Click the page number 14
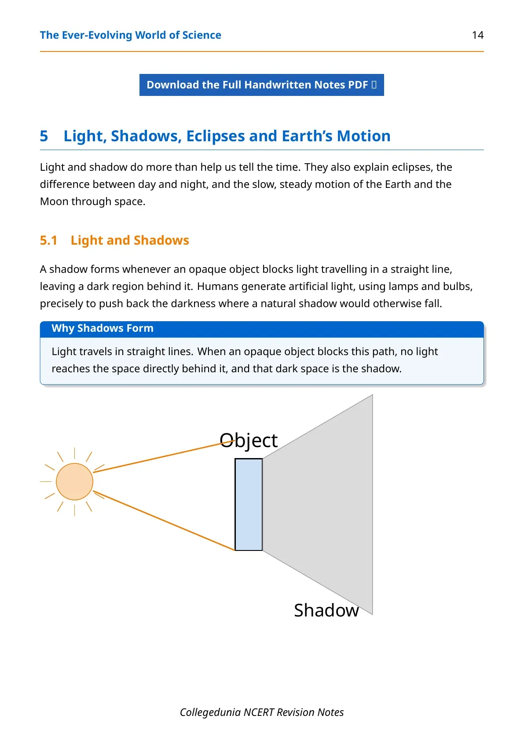(478, 35)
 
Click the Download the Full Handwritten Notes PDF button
(262, 85)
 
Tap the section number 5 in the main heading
(44, 136)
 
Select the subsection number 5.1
(49, 240)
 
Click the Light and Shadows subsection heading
(130, 241)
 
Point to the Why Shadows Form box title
(103, 328)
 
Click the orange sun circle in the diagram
(74, 481)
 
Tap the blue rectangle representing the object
(249, 504)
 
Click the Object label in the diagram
(249, 440)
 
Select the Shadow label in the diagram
(326, 610)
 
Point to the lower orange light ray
(164, 521)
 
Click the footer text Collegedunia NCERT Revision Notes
(262, 712)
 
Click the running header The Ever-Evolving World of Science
(130, 35)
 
